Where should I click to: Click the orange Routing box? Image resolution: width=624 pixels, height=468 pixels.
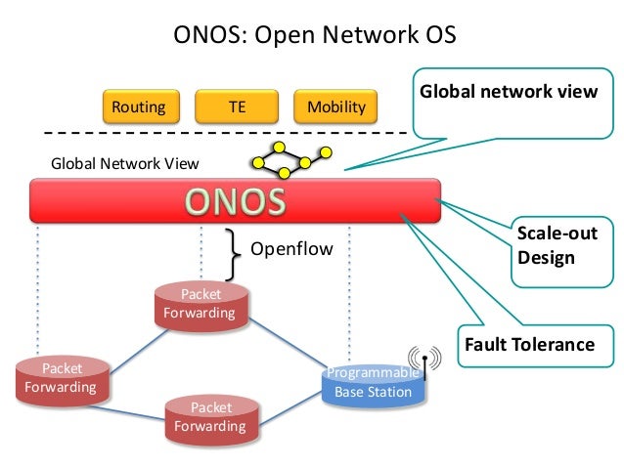click(139, 106)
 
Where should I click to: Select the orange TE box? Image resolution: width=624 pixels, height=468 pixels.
click(237, 106)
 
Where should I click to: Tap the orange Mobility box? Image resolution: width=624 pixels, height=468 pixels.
click(335, 106)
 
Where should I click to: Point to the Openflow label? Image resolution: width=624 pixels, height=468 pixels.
click(291, 249)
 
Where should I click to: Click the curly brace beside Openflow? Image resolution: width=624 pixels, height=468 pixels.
click(232, 253)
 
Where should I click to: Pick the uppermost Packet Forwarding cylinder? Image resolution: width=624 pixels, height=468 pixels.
click(200, 305)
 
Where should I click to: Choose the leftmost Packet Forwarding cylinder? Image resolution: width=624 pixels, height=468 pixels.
click(61, 379)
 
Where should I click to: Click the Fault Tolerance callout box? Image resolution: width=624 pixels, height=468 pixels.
click(528, 345)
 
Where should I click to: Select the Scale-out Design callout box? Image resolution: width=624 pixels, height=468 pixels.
click(556, 247)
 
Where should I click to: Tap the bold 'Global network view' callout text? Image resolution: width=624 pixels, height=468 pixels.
click(509, 92)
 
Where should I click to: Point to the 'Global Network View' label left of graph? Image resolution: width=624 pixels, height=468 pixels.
click(105, 163)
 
